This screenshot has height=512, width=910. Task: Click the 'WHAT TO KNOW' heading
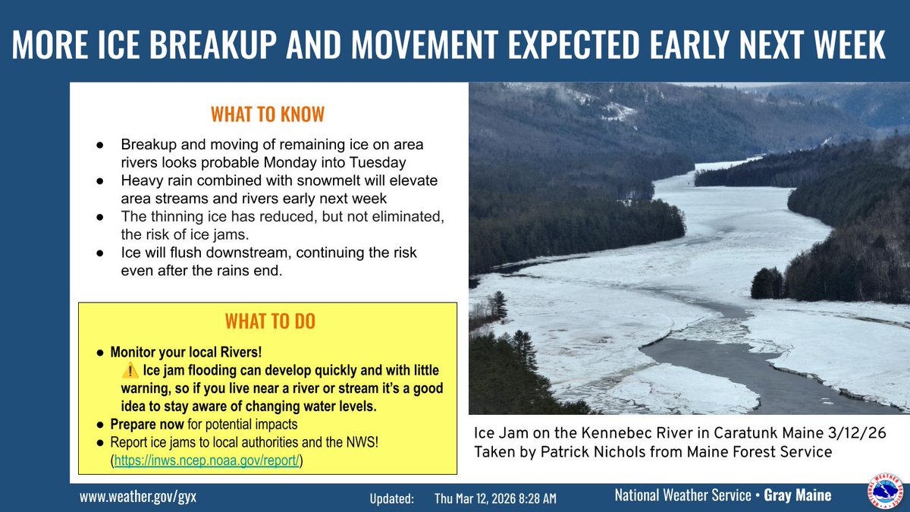pos(267,115)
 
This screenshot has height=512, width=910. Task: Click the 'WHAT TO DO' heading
pos(270,322)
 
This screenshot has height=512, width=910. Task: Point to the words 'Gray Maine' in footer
pos(797,495)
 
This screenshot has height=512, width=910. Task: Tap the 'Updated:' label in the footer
pos(392,498)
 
